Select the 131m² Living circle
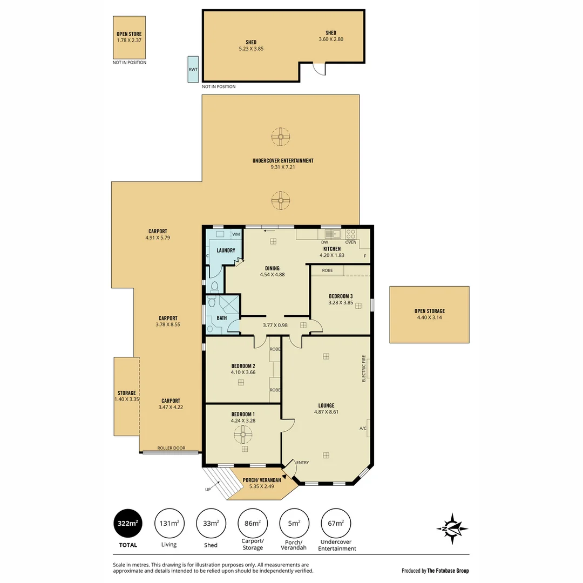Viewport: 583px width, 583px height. (169, 523)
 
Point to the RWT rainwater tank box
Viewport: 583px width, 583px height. (193, 69)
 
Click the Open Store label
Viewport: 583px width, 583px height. (129, 34)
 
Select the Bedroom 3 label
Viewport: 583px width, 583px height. (341, 296)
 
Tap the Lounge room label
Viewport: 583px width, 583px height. (326, 405)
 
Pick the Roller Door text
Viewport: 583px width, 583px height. (171, 448)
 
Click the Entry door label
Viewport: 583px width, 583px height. (302, 462)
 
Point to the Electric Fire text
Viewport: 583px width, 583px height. (364, 368)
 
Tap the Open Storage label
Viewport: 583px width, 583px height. (430, 311)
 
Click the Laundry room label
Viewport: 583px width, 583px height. (226, 250)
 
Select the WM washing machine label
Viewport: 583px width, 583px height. (235, 234)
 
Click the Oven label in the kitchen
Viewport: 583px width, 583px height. (351, 242)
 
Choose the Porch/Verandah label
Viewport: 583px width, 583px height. (262, 480)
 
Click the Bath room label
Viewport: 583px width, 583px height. (222, 318)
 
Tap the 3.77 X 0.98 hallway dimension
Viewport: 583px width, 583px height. (275, 325)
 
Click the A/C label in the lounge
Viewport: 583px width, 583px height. (363, 429)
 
